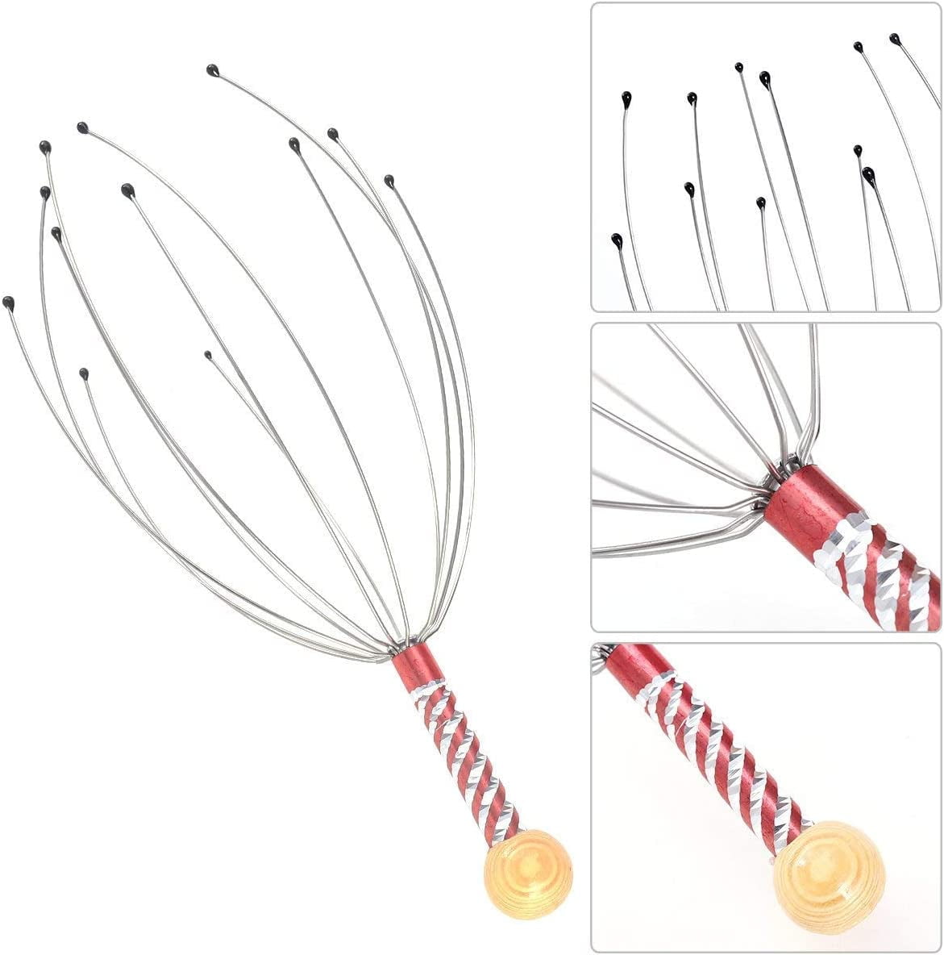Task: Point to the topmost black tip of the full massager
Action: (x=212, y=70)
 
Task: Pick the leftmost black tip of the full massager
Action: (x=8, y=302)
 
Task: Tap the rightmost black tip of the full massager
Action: (x=389, y=180)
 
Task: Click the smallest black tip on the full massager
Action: (x=208, y=354)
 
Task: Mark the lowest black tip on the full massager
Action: (x=84, y=373)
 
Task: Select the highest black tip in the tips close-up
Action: (x=894, y=37)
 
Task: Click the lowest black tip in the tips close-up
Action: (x=616, y=239)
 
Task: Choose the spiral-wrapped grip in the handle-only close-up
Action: (x=726, y=750)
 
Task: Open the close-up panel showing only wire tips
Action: (x=766, y=156)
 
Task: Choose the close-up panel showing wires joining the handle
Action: (x=766, y=476)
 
